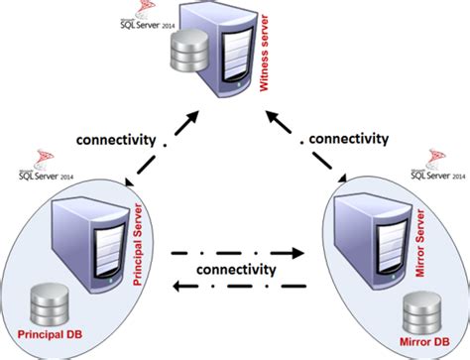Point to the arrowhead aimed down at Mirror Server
341,181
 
